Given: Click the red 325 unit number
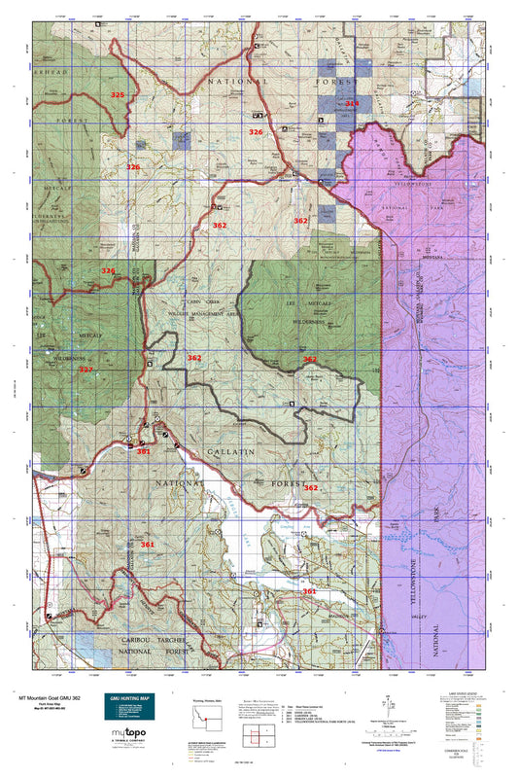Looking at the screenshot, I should [118, 95].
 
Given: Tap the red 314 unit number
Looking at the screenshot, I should [352, 103].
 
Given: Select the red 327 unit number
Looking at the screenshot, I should [86, 370].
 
